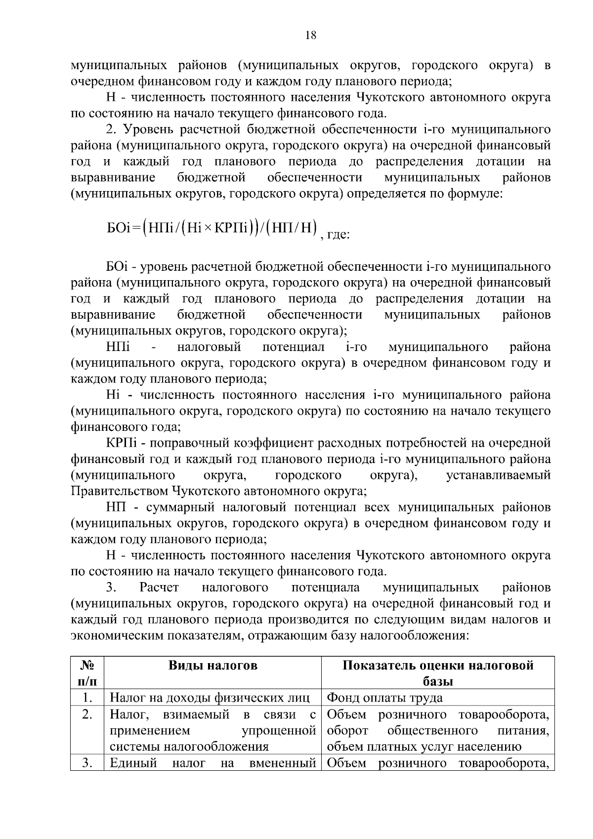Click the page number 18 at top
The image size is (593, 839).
[x=311, y=35]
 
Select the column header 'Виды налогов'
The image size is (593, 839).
[x=213, y=666]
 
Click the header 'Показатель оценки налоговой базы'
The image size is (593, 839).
[x=438, y=673]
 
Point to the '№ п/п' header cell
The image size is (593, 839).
[x=87, y=673]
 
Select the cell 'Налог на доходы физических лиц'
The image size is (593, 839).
[x=210, y=698]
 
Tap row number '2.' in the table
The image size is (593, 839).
[x=87, y=714]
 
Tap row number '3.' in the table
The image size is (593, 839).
[x=87, y=763]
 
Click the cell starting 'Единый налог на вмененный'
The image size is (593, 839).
[x=212, y=763]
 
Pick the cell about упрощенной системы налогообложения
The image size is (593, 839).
[x=212, y=730]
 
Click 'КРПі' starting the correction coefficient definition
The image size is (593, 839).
[x=117, y=443]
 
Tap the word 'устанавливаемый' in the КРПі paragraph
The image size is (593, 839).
[x=498, y=475]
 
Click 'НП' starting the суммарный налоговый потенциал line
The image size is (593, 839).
[x=115, y=507]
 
